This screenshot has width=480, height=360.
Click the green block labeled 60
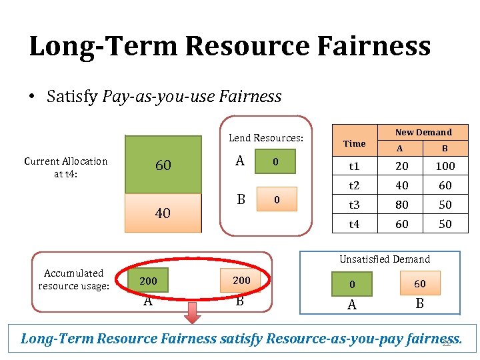(163, 165)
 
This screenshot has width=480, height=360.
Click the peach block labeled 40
(163, 213)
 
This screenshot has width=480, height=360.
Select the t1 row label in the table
(354, 166)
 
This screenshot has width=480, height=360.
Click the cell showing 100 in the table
(445, 166)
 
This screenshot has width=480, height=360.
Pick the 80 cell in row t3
(401, 205)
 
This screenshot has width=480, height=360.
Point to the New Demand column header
(423, 132)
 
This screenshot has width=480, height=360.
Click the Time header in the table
(354, 143)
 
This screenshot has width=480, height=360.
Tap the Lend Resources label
(265, 138)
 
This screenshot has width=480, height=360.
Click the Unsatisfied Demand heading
(385, 259)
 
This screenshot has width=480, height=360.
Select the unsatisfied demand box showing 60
(419, 283)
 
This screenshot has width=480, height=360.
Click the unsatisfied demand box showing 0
(352, 285)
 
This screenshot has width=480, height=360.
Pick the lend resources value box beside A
(275, 163)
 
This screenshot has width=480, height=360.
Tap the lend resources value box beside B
(275, 199)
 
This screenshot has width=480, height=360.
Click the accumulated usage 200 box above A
(148, 281)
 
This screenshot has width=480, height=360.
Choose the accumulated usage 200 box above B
(241, 281)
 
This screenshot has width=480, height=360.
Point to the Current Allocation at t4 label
(65, 167)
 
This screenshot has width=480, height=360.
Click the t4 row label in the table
(354, 224)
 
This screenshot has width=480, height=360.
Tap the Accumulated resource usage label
(73, 279)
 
